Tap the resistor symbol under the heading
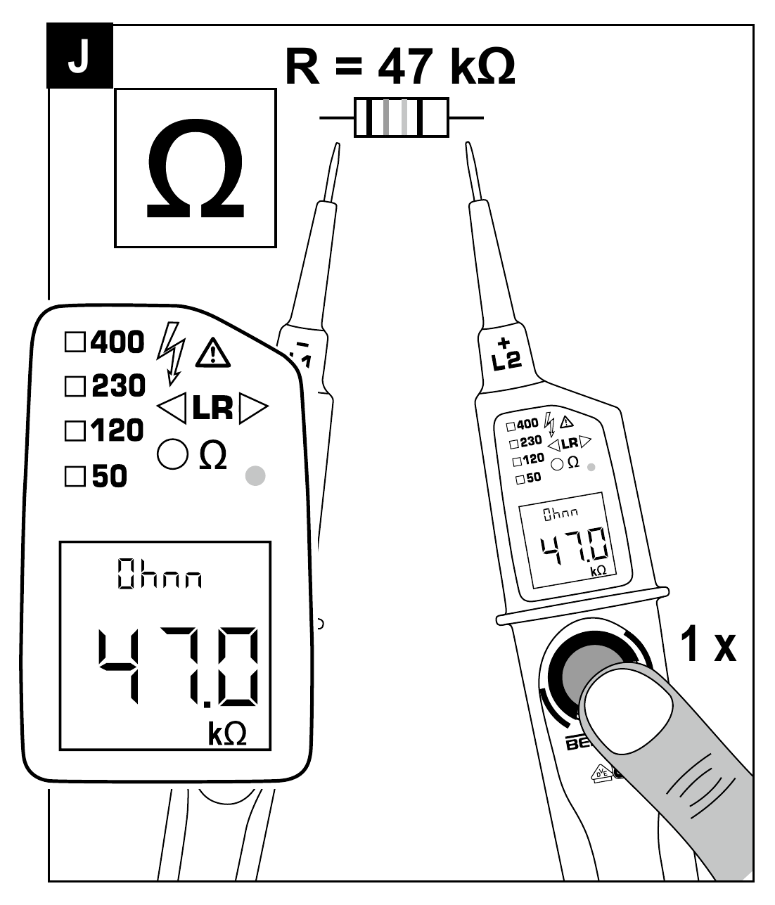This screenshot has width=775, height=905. coord(402,117)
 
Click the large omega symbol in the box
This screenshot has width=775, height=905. coord(195,169)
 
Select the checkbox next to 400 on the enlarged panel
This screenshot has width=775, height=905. coord(74,342)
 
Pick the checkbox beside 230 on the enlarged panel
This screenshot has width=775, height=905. coord(74,386)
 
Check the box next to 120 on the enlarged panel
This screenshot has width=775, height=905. coord(74,430)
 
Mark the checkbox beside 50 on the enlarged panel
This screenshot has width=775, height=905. coord(74,477)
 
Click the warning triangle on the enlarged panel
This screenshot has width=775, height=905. coord(212,353)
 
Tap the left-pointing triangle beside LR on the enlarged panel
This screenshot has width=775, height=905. coord(172,409)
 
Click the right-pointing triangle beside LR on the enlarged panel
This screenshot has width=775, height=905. coord(253,409)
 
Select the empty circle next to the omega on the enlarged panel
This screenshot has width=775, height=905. coord(172,455)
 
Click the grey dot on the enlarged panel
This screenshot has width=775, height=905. coord(255,475)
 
